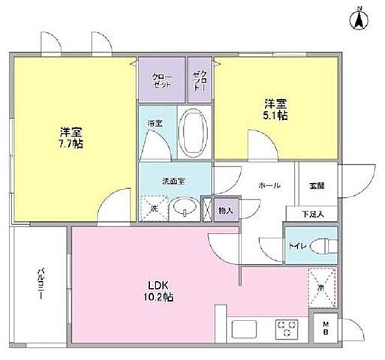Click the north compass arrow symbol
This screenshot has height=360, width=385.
[x=359, y=17]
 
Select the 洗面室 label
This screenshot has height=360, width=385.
[x=173, y=181]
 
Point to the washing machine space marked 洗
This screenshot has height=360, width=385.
[x=152, y=208]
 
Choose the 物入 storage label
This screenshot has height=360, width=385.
[x=226, y=211]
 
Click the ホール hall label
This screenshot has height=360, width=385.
[x=269, y=184]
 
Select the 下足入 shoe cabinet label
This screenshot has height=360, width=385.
[x=313, y=214]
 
